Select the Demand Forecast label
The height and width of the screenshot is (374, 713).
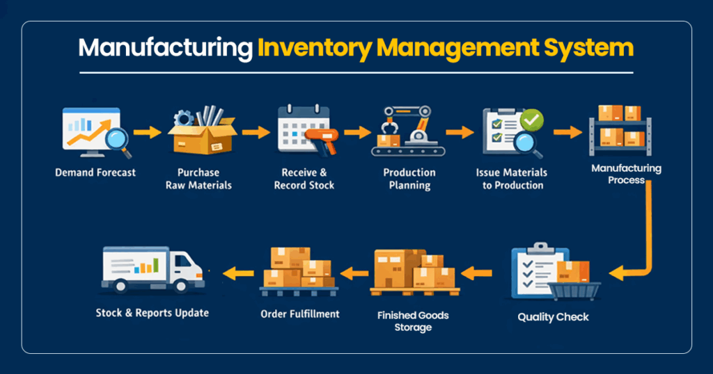coord(96,172)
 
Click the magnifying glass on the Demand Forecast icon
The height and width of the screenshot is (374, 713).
coord(116,138)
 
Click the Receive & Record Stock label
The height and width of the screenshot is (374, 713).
coord(304,179)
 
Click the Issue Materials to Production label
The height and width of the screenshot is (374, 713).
coord(512,179)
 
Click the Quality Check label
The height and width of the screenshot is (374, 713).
coord(553,317)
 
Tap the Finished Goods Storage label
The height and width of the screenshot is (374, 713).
coord(413,321)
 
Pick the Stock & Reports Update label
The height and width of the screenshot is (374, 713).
coord(152,313)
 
